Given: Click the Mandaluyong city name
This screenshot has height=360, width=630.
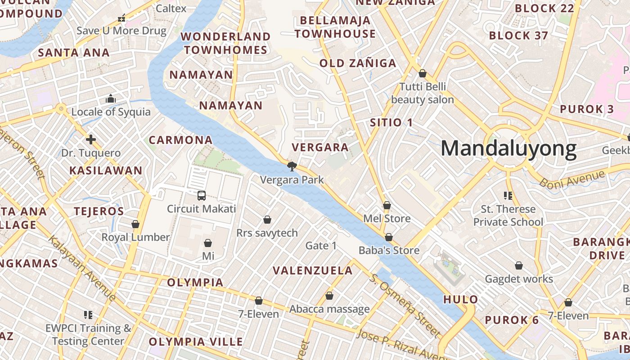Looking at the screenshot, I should [x=508, y=148].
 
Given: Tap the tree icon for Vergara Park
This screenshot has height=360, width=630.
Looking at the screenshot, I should [x=292, y=166].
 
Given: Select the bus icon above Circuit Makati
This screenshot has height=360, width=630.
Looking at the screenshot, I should [x=202, y=196].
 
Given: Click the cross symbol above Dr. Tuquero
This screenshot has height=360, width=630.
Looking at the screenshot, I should [x=91, y=139].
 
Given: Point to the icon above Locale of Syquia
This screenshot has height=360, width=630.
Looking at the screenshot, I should [x=111, y=99].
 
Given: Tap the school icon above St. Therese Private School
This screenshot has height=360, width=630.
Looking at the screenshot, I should [x=508, y=196].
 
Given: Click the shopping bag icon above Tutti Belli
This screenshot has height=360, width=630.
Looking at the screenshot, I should [x=423, y=73].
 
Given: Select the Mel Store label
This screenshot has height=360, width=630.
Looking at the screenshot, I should [x=387, y=219].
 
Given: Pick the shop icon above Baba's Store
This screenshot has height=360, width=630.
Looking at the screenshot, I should [x=389, y=237].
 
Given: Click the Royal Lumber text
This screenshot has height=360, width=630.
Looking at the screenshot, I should [x=135, y=237].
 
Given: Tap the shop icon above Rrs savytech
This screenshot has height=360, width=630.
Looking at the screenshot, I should [x=267, y=220].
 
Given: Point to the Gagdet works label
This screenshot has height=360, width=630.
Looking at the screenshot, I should [x=519, y=279].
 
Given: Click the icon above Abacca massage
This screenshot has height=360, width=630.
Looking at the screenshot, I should [x=329, y=296].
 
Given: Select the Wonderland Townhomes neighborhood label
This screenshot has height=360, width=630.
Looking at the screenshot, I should [x=225, y=43].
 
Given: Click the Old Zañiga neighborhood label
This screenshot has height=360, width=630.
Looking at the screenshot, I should [x=358, y=63].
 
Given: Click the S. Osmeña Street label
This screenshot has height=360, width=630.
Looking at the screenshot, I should [x=405, y=305].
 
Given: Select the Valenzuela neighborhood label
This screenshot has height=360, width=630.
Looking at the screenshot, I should [x=313, y=270].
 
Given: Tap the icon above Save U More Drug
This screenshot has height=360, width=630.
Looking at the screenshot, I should [x=121, y=18].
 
